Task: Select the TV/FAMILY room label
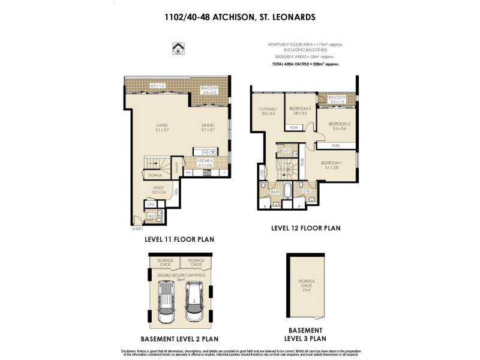(267, 111)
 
